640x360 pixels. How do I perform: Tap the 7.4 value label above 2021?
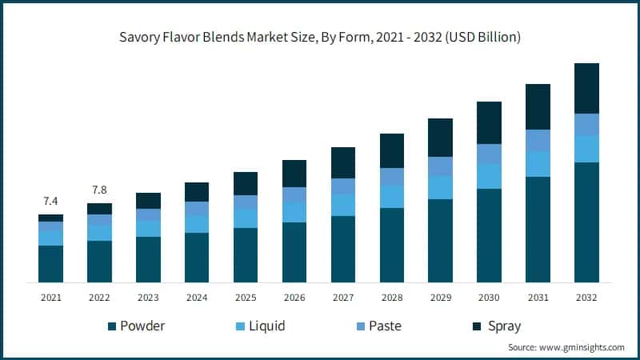50,200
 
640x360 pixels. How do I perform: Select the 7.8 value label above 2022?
99,190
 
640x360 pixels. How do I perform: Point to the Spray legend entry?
496,326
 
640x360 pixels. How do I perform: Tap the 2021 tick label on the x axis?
50,297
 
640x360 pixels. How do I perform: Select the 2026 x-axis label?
294,297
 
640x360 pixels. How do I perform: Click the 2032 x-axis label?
586,297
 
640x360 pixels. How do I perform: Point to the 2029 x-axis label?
441,297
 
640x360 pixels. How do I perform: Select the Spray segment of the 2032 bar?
586,88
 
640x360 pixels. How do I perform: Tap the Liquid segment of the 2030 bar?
489,176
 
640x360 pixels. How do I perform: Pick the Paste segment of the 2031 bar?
538,140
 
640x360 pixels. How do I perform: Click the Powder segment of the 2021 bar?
50,263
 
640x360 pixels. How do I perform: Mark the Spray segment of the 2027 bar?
343,162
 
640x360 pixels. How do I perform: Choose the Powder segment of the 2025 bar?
246,254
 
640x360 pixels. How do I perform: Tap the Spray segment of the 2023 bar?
148,201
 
